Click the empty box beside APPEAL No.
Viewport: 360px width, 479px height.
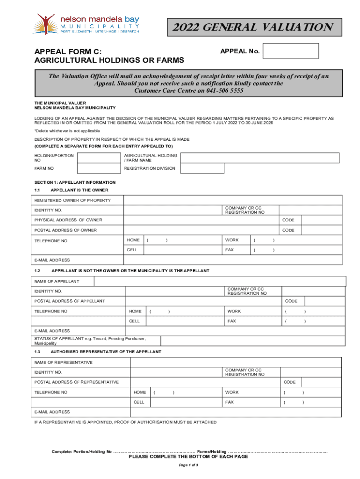click(290, 51)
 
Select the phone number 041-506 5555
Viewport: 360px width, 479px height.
click(223, 91)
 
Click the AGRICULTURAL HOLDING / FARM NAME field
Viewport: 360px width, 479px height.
click(260, 158)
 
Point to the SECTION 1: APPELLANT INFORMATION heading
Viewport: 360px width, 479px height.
click(75, 182)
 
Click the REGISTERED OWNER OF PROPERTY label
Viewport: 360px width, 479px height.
click(72, 200)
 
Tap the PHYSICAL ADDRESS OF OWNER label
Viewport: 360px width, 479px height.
click(68, 220)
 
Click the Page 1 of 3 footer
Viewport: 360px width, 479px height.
click(189, 465)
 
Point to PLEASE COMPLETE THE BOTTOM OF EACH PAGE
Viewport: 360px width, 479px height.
click(188, 457)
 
